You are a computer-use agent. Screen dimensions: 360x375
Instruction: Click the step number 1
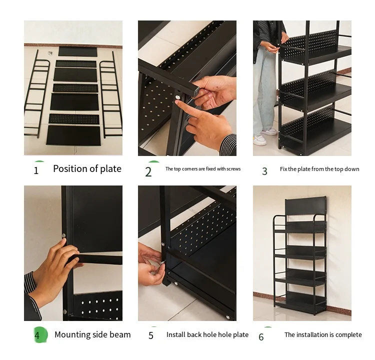tap(36, 170)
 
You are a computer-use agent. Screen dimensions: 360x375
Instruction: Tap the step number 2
tap(148, 171)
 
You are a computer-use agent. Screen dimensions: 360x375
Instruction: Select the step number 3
tap(264, 171)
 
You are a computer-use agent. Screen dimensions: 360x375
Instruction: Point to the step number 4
tap(37, 335)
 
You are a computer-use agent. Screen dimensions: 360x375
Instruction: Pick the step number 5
tap(151, 335)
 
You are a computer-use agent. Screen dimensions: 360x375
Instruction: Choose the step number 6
tap(261, 337)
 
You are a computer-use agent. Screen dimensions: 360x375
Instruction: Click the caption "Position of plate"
tap(87, 169)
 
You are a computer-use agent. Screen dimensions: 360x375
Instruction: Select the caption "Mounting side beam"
tap(92, 334)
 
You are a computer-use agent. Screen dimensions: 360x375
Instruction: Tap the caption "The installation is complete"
tap(323, 334)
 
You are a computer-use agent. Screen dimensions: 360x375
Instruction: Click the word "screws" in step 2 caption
tap(233, 169)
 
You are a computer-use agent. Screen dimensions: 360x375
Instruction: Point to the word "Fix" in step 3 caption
tap(284, 169)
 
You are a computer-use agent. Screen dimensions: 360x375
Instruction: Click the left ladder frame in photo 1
tap(36, 95)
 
